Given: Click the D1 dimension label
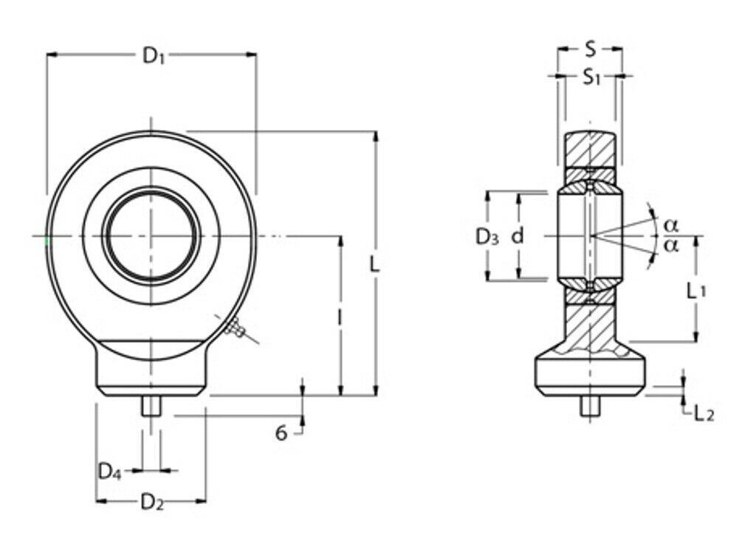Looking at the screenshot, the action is tap(154, 56).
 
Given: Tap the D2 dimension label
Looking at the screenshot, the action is tap(152, 502).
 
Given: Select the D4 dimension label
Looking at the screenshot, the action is tap(109, 471).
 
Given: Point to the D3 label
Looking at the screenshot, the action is tap(487, 237).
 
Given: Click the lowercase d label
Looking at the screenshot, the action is tap(518, 235).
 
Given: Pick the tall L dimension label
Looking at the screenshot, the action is tap(374, 264).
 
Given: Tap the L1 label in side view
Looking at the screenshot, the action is tap(695, 291).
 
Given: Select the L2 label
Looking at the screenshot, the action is tap(704, 413).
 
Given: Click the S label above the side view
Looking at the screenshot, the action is tap(590, 49).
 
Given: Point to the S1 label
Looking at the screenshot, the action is tap(591, 77).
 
